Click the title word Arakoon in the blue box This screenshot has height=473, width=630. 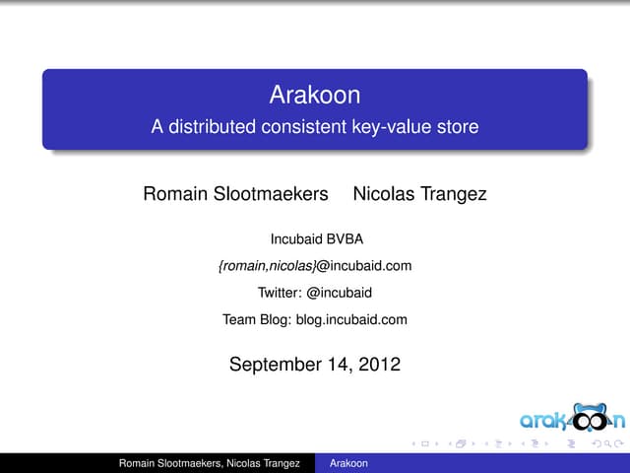pos(315,97)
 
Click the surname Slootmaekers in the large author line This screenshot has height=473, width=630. pos(270,194)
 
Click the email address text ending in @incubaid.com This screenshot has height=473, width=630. pos(314,265)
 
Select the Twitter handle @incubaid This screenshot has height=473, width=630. pos(340,292)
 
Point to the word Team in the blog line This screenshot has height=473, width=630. pos(239,319)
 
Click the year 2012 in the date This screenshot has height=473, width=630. pos(380,365)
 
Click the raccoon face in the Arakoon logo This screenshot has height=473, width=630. pos(594,418)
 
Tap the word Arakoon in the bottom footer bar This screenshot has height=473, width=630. pos(349,463)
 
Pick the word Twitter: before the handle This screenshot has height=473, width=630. pos(281,292)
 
